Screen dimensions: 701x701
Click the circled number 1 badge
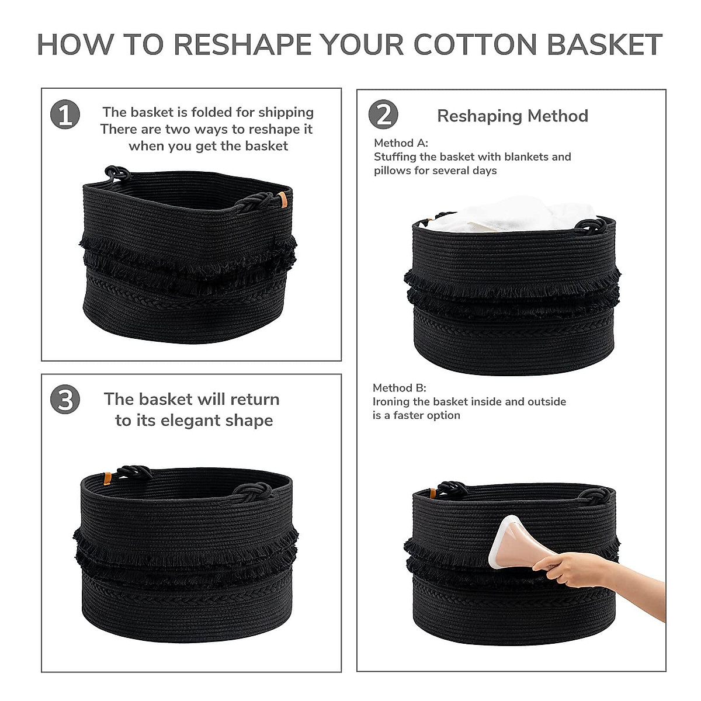tap(65, 114)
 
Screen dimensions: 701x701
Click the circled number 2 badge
tap(383, 114)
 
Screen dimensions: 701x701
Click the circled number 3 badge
tap(65, 400)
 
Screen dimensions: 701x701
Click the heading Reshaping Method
tap(512, 116)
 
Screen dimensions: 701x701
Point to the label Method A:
tap(401, 143)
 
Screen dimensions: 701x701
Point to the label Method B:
tap(400, 388)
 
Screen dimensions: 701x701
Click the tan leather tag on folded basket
tap(283, 199)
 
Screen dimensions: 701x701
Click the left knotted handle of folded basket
tap(117, 173)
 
